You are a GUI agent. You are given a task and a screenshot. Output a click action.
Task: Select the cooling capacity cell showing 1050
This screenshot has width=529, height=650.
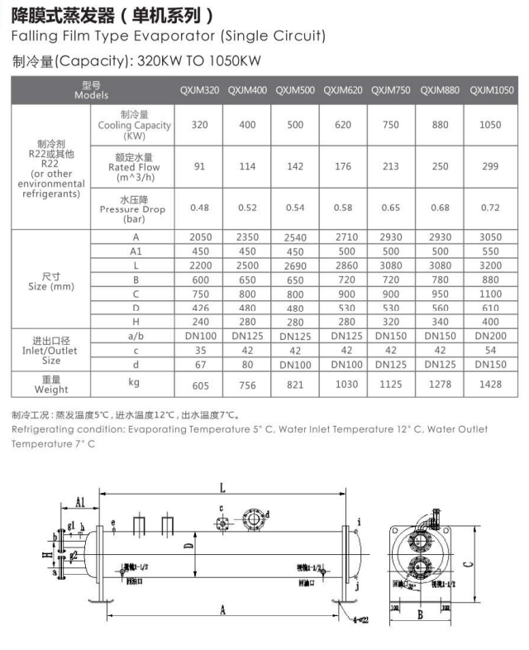pyautogui.click(x=491, y=125)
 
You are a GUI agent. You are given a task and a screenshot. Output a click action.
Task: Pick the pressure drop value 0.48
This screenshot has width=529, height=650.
pyautogui.click(x=199, y=208)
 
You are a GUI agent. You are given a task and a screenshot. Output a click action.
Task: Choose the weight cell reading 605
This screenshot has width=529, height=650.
pyautogui.click(x=199, y=385)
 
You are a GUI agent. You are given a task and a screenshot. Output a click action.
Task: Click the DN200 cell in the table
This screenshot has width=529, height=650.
pyautogui.click(x=491, y=336)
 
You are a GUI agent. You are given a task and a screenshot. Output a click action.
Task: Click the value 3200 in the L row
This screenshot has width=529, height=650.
pyautogui.click(x=491, y=265)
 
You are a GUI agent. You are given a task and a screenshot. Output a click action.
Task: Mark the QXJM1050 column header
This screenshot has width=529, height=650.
pyautogui.click(x=491, y=90)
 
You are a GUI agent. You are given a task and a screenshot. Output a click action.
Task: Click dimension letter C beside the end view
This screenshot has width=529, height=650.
pyautogui.click(x=469, y=566)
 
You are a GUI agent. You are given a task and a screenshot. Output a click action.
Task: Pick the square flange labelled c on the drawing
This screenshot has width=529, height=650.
pyautogui.click(x=222, y=522)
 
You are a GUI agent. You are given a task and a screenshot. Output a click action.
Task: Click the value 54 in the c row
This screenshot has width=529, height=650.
pyautogui.click(x=491, y=350)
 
